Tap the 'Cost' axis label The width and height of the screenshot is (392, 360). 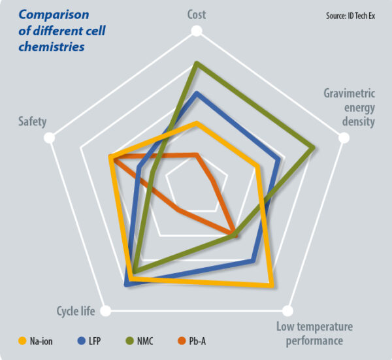[x=197, y=14]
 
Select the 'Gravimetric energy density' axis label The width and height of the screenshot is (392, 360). [x=350, y=107]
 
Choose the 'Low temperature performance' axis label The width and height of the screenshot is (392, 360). [x=314, y=333]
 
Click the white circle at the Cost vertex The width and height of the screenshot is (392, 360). [x=197, y=31]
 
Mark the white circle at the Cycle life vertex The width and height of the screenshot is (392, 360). [x=107, y=310]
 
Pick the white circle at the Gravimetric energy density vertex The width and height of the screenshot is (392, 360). [x=342, y=138]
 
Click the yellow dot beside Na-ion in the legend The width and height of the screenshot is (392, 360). [x=22, y=340]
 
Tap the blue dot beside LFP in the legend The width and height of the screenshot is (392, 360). [x=82, y=340]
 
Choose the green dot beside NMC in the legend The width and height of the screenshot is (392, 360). [x=129, y=340]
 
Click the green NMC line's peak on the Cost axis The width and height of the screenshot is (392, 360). [x=197, y=63]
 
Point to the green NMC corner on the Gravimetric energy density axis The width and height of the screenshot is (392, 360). [x=314, y=147]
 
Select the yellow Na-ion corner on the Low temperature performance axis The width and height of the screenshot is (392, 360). [x=270, y=286]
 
